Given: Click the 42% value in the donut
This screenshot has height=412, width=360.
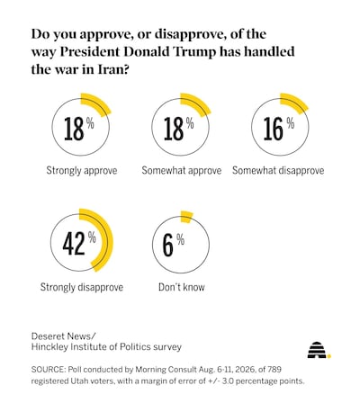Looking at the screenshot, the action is (x=79, y=243).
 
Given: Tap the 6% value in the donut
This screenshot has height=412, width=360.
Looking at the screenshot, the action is (x=174, y=245).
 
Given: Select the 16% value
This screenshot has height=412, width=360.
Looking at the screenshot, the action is (x=279, y=129).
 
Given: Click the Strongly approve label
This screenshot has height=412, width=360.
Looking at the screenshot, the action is (x=82, y=171).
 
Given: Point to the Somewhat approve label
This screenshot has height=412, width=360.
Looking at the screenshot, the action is (x=182, y=171).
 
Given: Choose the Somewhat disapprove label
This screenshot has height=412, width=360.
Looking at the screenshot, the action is (x=278, y=171).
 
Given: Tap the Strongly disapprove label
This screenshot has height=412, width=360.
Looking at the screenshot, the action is (x=82, y=287).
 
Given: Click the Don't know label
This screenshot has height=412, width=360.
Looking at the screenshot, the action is (x=182, y=287).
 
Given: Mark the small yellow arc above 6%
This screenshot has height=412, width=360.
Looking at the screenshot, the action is (x=186, y=217).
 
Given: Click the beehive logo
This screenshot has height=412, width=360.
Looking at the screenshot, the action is (x=319, y=350).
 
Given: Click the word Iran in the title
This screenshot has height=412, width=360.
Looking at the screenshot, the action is (x=113, y=69).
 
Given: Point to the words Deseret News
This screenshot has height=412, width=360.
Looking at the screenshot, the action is (x=63, y=336).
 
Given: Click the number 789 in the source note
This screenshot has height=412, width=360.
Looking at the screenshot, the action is (x=274, y=369).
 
